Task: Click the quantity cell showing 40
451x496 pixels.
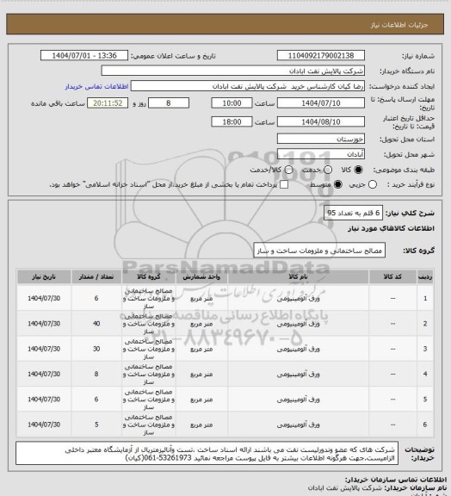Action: pyautogui.click(x=95, y=324)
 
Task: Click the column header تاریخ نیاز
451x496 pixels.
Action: pyautogui.click(x=41, y=277)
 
